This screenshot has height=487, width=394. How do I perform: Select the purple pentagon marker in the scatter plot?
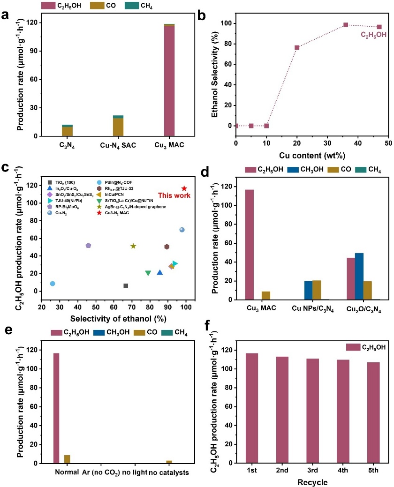88,246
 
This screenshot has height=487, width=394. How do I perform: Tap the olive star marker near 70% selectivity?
133,246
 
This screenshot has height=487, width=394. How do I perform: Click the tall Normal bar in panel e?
56,408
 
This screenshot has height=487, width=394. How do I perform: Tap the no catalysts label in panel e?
169,472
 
